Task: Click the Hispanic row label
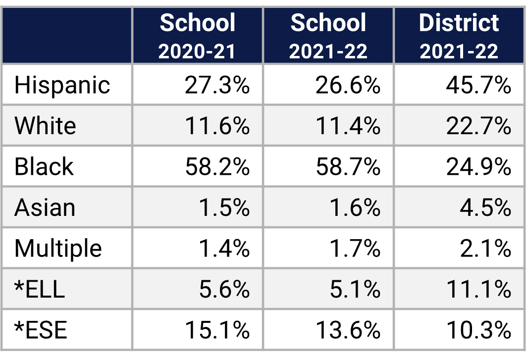point(62,85)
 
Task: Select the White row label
point(45,126)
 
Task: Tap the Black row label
point(44,166)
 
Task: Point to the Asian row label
point(45,207)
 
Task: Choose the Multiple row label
point(58,248)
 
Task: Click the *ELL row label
point(40,289)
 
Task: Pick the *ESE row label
point(41,329)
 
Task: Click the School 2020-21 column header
point(198,36)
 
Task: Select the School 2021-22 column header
point(328,36)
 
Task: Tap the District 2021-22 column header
point(459,36)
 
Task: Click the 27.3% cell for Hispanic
point(217,85)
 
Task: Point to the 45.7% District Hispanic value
point(478,85)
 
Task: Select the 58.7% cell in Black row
point(348,166)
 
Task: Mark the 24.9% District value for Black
point(478,166)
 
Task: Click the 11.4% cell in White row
point(348,126)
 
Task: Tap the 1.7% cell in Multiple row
point(354,248)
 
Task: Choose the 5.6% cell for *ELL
point(224,289)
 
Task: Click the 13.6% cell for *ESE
point(348,329)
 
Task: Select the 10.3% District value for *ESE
point(478,329)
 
